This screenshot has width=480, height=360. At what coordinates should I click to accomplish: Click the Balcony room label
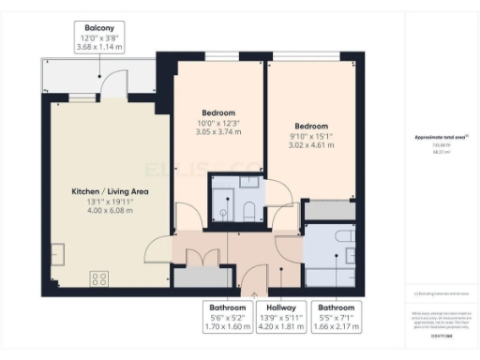(101, 29)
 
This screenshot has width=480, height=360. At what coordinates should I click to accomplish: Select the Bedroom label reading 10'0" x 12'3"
(217, 112)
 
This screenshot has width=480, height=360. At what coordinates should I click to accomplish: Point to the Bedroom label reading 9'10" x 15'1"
(310, 126)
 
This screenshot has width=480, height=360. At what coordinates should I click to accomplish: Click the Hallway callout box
(282, 315)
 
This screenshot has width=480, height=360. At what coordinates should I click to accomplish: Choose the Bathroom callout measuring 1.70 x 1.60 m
(228, 315)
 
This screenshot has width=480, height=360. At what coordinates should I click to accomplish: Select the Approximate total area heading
(441, 138)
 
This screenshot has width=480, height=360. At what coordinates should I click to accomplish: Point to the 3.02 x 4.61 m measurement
(310, 145)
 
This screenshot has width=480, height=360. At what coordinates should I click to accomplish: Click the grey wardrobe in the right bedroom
(328, 211)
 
